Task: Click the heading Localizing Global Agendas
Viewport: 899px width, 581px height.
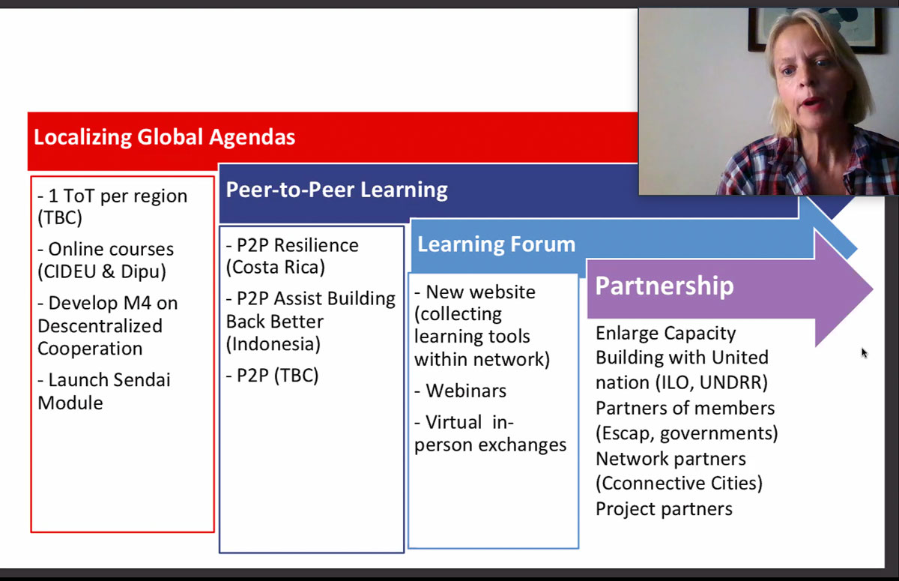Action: tap(165, 137)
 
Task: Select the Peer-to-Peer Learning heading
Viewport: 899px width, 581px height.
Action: tap(336, 190)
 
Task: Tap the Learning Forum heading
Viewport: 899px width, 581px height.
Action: tap(497, 244)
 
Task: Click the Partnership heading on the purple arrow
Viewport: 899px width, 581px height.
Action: tap(665, 286)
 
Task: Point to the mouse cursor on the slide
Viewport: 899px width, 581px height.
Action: tap(864, 353)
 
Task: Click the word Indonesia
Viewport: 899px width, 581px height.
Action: tap(273, 344)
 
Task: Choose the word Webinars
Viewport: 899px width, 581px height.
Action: tap(466, 391)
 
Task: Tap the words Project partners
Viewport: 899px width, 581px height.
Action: tap(665, 509)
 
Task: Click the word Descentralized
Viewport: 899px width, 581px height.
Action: tap(100, 326)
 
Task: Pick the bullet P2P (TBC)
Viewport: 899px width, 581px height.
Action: tap(272, 376)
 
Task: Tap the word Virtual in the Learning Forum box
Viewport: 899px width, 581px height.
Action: tap(453, 422)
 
